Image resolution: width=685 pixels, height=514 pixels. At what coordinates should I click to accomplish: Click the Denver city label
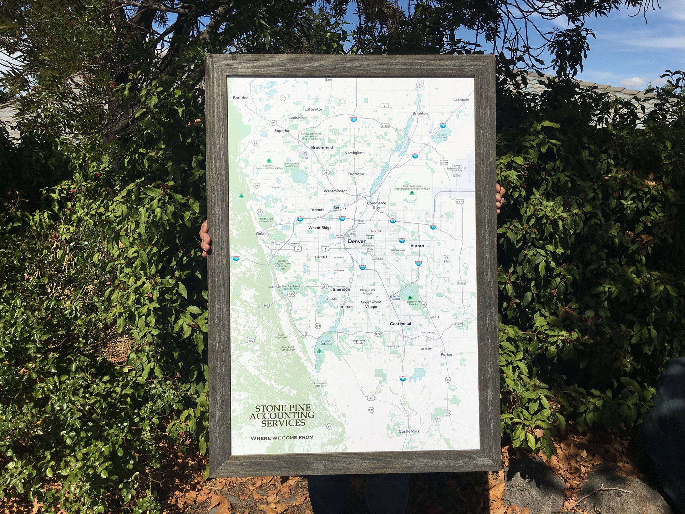click(356, 241)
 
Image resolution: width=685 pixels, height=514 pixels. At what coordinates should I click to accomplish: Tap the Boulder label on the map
click(240, 98)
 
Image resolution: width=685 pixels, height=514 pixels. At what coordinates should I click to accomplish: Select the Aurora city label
click(417, 246)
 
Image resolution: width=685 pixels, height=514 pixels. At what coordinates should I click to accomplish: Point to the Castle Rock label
click(409, 431)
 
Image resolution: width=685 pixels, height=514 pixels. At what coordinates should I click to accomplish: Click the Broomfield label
click(322, 147)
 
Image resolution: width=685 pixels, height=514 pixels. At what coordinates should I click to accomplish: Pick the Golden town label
click(262, 234)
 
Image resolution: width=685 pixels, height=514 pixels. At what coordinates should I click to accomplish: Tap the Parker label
click(446, 354)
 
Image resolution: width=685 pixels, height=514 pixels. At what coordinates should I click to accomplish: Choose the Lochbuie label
click(461, 100)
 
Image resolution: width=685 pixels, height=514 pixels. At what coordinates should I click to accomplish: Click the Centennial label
click(400, 324)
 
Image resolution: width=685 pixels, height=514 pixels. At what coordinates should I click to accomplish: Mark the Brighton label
click(420, 114)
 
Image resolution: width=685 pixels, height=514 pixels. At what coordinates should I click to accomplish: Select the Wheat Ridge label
click(320, 228)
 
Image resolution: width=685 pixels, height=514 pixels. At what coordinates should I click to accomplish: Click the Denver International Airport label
click(456, 168)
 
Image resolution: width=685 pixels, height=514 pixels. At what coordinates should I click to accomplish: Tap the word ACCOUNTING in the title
click(282, 415)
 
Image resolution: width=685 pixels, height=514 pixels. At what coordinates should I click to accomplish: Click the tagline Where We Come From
click(282, 438)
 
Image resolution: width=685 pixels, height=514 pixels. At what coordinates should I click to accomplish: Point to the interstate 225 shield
click(418, 263)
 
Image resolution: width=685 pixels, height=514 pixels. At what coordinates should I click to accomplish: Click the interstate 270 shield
click(393, 221)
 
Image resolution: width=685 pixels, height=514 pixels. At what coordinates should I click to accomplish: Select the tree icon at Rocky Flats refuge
click(269, 161)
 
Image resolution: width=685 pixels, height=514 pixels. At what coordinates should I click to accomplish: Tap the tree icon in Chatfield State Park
click(319, 351)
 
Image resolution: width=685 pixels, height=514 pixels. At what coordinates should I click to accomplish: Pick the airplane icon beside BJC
click(305, 153)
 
